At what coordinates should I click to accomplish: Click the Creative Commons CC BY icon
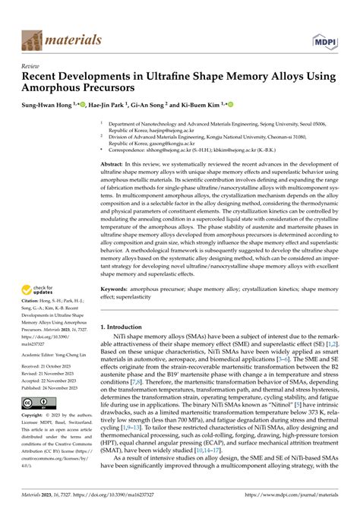(x=36, y=425)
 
